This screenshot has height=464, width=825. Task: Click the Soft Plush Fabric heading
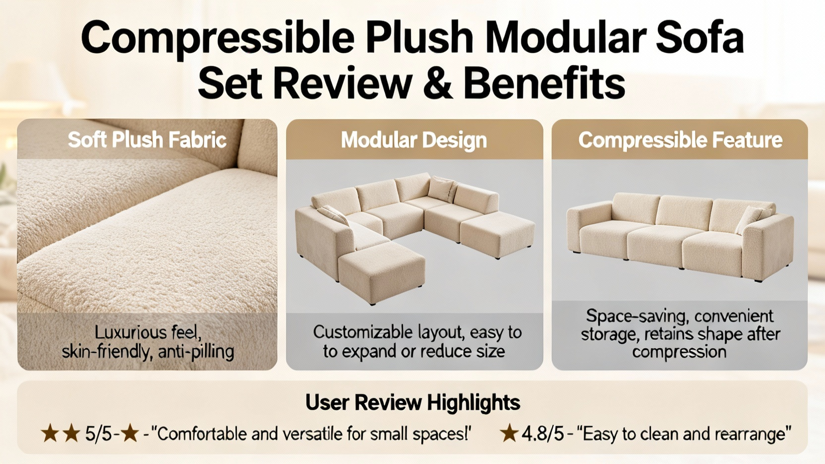(x=147, y=140)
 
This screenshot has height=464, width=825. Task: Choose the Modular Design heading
(x=414, y=140)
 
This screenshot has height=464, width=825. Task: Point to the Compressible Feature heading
(x=680, y=140)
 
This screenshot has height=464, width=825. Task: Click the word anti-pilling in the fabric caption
(x=196, y=352)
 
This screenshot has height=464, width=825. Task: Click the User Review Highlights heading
(x=413, y=402)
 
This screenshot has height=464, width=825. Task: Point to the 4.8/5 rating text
(x=542, y=434)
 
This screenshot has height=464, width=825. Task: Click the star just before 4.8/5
(x=509, y=433)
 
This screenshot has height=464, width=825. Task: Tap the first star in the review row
(x=49, y=433)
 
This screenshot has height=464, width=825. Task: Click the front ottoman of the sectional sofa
(x=382, y=273)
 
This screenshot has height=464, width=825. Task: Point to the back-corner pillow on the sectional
(x=442, y=189)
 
